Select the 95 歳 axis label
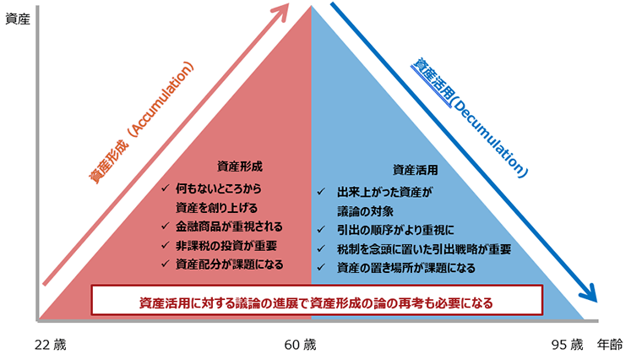(567, 345)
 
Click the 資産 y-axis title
(17, 19)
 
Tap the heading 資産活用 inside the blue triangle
(416, 170)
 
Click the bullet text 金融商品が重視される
(228, 227)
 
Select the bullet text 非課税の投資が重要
(226, 246)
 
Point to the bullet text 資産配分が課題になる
(229, 265)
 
